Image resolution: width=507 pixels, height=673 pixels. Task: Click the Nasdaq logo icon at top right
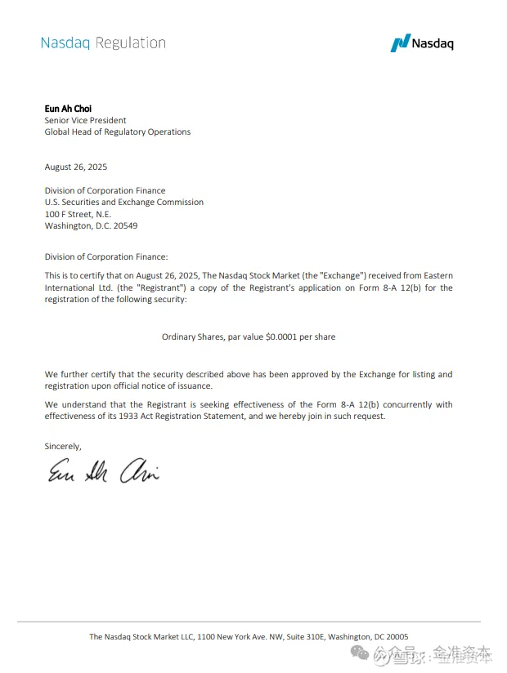[x=400, y=43]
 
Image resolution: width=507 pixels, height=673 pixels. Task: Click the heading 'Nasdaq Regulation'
[x=103, y=43]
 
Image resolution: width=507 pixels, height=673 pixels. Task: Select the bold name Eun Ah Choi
[x=69, y=109]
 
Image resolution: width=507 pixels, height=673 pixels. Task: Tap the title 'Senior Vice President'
[x=85, y=120]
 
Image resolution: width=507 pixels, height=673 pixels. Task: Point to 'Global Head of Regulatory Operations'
[x=117, y=131]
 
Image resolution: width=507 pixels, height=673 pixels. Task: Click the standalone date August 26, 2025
[x=76, y=167]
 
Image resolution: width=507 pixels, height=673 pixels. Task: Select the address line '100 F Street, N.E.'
[x=78, y=214]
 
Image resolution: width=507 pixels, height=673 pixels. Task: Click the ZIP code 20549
[x=125, y=225]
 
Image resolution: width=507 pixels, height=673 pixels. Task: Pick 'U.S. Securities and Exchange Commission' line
[x=123, y=202]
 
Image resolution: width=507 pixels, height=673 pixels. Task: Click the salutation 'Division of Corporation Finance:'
[x=105, y=256]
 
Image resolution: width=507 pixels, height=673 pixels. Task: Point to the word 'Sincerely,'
[x=63, y=446]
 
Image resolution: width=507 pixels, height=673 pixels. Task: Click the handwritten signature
[x=102, y=472]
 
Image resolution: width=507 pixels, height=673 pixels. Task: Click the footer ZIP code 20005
[x=396, y=637]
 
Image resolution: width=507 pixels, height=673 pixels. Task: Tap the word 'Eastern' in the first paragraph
[x=436, y=276]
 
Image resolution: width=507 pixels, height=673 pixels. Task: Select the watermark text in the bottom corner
[x=433, y=653]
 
